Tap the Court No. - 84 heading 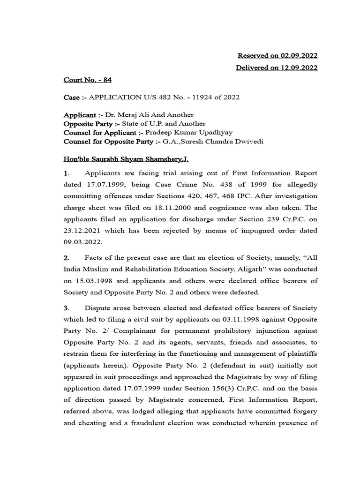click(x=88, y=80)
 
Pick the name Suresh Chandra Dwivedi click(x=223, y=142)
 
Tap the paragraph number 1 click(x=66, y=173)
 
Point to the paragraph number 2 click(x=66, y=257)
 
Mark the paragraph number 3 click(x=66, y=308)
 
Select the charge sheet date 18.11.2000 click(x=177, y=207)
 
